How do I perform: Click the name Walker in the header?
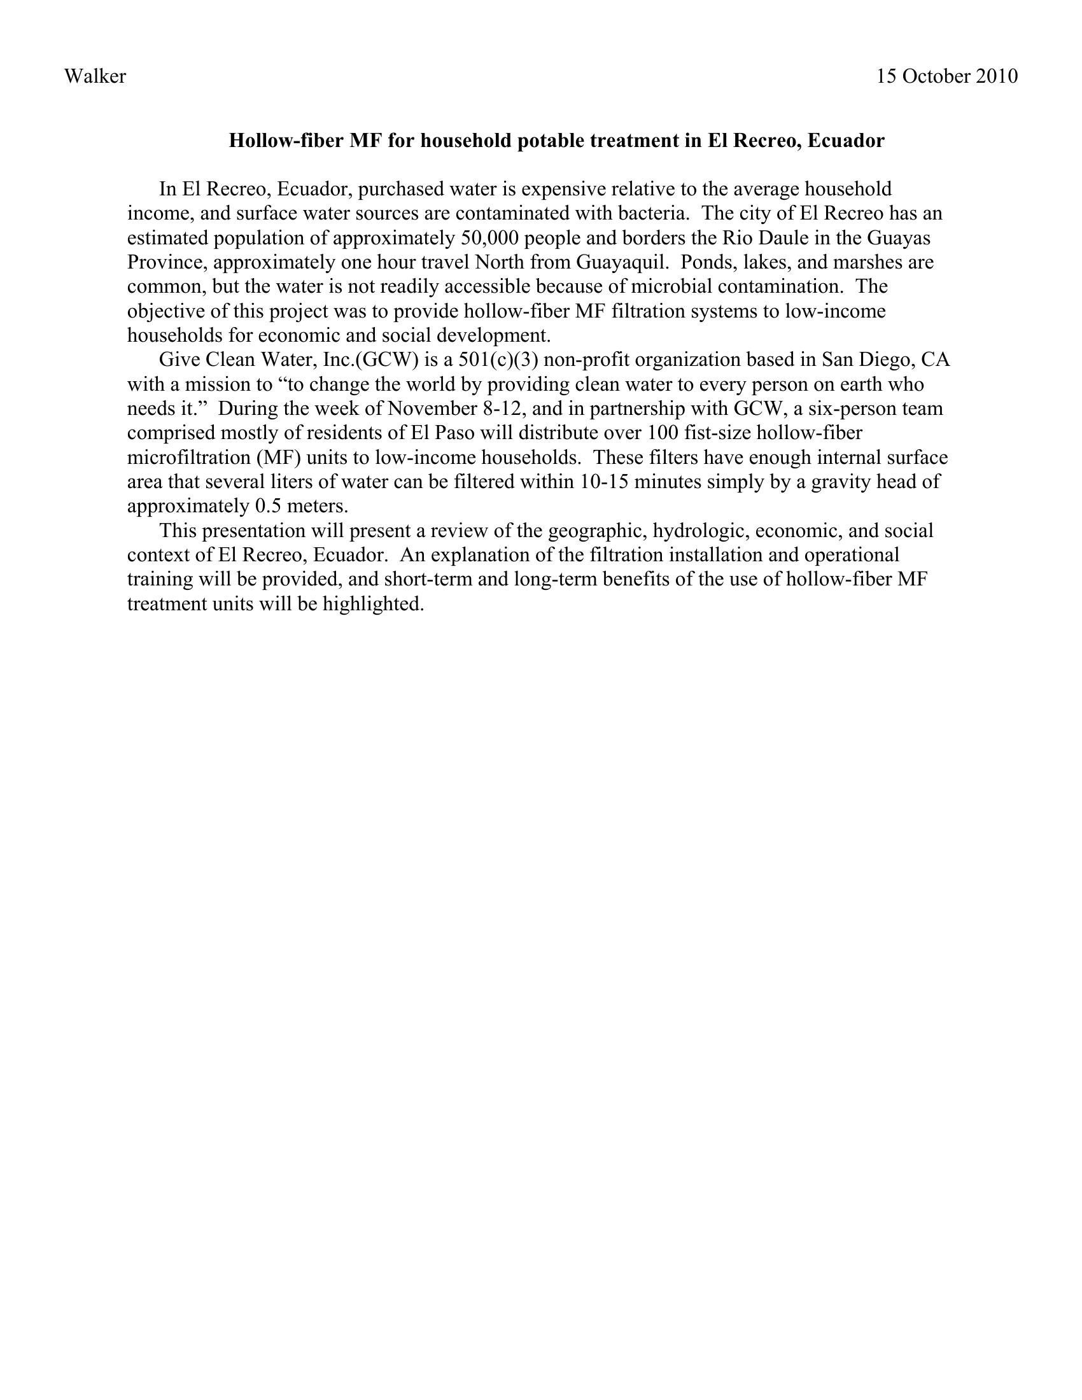click(95, 76)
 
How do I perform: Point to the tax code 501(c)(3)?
click(498, 360)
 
